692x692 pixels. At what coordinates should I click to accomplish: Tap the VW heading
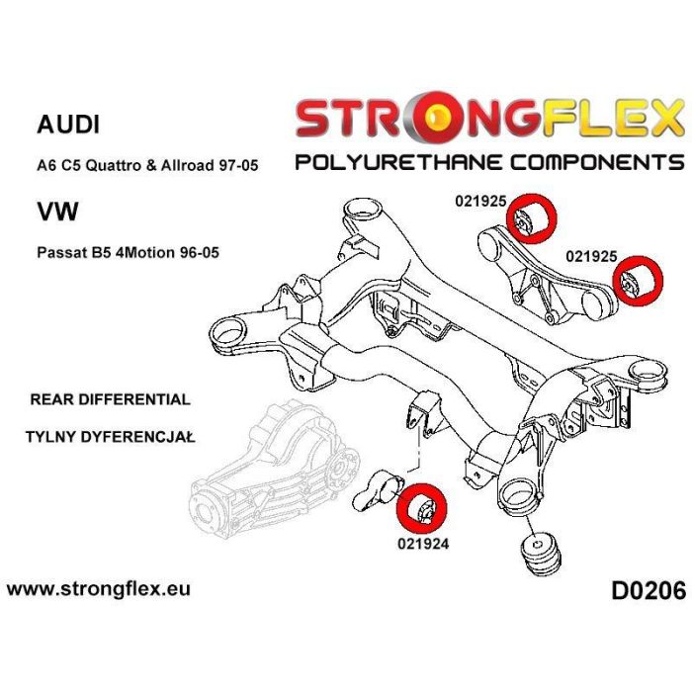(x=56, y=211)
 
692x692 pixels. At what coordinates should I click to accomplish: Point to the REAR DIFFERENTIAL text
(x=110, y=399)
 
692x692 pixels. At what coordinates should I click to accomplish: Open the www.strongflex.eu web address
(x=99, y=589)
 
